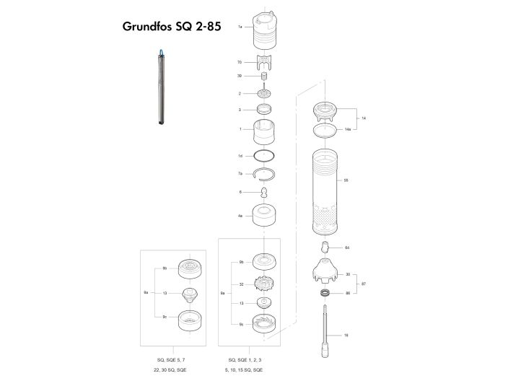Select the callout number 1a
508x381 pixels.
pos(240,26)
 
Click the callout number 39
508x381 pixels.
pos(240,76)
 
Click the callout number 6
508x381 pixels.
pos(240,192)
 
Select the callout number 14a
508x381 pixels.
pos(348,129)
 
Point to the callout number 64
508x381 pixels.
pos(347,248)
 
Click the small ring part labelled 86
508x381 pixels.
pos(326,294)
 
